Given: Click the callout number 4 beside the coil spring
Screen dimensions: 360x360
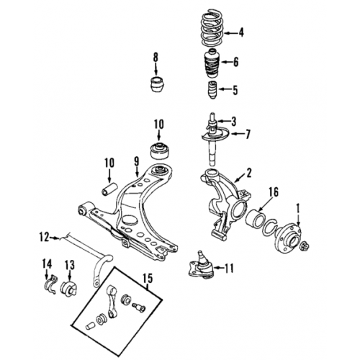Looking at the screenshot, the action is [240, 32].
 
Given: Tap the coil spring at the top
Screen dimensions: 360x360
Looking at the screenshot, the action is [212, 28].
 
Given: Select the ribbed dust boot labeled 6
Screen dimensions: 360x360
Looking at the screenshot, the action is [212, 63].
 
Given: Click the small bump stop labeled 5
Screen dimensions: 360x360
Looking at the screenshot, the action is [212, 90].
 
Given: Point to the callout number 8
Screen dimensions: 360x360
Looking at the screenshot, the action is [156, 58].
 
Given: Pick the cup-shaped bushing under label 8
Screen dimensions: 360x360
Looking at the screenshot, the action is [158, 84].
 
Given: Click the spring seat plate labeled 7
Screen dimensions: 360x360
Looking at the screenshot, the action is [215, 135].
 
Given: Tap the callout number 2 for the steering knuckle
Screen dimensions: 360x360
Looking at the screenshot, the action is [249, 173].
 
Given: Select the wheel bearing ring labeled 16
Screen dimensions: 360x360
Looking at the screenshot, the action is [256, 218].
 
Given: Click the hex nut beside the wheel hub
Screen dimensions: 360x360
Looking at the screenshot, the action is [305, 246].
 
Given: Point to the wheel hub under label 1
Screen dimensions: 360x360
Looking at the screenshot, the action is [287, 237].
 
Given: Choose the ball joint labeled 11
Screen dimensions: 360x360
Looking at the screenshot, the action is [201, 266].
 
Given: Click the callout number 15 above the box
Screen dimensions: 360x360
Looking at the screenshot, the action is [148, 279].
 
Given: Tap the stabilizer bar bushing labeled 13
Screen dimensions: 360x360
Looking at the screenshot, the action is [68, 288].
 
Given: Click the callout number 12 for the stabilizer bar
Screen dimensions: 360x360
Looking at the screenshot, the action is [45, 237].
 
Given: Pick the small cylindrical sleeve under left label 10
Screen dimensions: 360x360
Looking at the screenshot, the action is [109, 189].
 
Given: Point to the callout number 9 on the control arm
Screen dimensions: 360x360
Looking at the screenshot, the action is [136, 162].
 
